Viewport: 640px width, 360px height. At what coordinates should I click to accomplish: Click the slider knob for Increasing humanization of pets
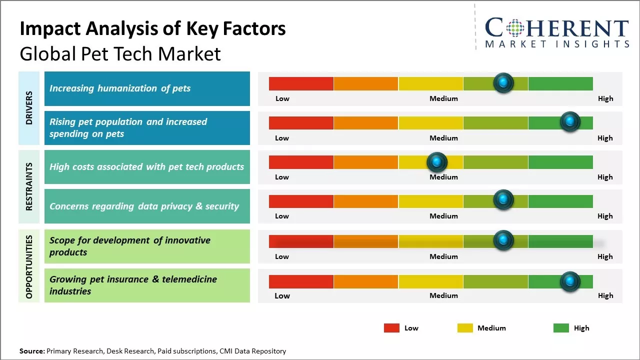pyautogui.click(x=503, y=82)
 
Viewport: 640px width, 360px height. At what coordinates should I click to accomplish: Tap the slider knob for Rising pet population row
pyautogui.click(x=569, y=121)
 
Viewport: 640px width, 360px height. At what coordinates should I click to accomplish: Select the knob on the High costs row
pyautogui.click(x=437, y=161)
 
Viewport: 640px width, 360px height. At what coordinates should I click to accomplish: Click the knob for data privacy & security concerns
pyautogui.click(x=503, y=200)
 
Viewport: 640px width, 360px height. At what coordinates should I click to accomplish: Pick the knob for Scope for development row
pyautogui.click(x=503, y=240)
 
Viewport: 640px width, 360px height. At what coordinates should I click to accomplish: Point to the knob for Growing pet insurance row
pyautogui.click(x=569, y=281)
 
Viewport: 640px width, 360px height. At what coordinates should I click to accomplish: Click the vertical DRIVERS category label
pyautogui.click(x=29, y=108)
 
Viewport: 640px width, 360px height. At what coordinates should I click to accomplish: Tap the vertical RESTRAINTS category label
pyautogui.click(x=29, y=186)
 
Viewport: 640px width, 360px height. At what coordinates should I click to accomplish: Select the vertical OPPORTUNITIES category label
pyautogui.click(x=29, y=266)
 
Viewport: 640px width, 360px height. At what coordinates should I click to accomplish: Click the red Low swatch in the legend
pyautogui.click(x=391, y=328)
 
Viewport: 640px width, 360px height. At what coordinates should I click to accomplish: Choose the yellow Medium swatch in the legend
pyautogui.click(x=465, y=328)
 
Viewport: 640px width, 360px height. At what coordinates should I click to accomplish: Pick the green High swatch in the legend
pyautogui.click(x=561, y=328)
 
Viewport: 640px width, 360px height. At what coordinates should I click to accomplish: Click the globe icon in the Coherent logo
pyautogui.click(x=514, y=28)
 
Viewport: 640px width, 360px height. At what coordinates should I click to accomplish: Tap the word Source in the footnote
pyautogui.click(x=31, y=351)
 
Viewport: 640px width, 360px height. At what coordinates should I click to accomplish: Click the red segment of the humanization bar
pyautogui.click(x=301, y=83)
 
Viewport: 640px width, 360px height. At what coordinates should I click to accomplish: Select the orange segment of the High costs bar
pyautogui.click(x=365, y=162)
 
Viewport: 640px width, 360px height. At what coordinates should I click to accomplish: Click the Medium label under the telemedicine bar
pyautogui.click(x=443, y=295)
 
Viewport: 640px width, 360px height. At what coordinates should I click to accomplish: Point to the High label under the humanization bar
pyautogui.click(x=605, y=98)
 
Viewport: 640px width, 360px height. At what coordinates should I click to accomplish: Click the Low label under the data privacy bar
pyautogui.click(x=282, y=216)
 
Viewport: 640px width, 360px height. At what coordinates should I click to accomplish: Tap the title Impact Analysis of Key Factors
pyautogui.click(x=152, y=29)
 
